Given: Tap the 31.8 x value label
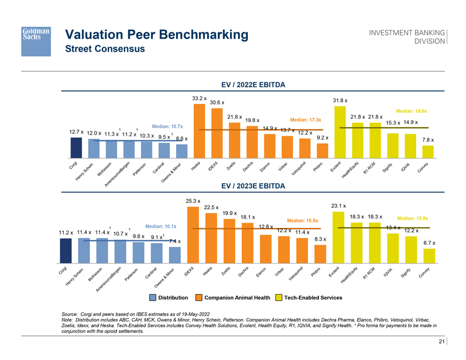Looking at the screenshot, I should [340, 101].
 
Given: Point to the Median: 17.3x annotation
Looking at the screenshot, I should [305, 120].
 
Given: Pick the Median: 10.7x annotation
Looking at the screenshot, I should [167, 125].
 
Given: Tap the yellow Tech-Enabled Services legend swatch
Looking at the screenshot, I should [278, 298].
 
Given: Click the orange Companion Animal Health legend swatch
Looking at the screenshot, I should [198, 298].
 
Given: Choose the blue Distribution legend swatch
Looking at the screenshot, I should [152, 298].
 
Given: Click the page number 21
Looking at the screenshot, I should [441, 341].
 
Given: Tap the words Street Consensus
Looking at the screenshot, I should [105, 49].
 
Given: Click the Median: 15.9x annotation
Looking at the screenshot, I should [413, 218].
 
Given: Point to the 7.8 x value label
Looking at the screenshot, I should [429, 140].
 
